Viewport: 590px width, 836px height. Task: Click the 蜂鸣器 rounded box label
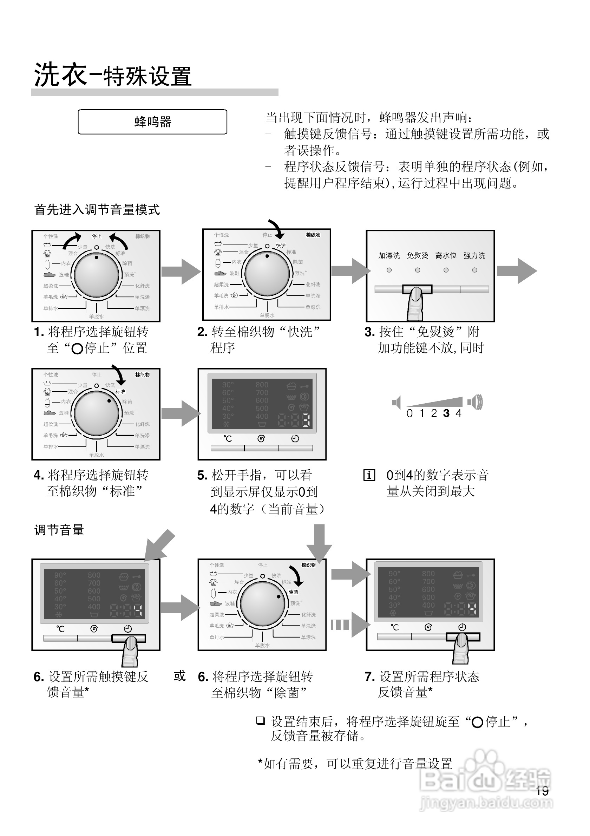pos(152,122)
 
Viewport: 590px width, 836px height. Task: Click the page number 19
pos(542,790)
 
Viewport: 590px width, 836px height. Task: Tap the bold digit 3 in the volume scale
pos(446,413)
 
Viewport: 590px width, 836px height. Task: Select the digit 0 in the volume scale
pos(409,413)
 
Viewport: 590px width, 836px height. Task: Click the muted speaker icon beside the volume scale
pos(396,402)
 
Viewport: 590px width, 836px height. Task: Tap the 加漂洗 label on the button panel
pos(389,256)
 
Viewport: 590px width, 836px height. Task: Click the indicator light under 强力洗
pos(474,270)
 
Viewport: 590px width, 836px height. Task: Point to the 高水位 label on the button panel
pos(446,256)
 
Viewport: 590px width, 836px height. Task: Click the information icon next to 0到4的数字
pos(369,475)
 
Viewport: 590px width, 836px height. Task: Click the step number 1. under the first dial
pos(39,332)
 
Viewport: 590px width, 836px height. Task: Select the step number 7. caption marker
pos(369,677)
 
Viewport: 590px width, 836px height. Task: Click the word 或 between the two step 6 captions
pos(179,676)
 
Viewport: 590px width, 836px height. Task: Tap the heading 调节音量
pos(59,530)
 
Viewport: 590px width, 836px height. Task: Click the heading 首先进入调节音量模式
pos(97,210)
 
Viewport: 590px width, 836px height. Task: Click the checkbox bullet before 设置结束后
pos(260,720)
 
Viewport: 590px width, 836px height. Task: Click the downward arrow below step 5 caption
pos(319,543)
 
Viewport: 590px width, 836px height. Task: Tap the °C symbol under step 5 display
pos(228,439)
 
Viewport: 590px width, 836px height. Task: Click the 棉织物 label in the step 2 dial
pos(313,235)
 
